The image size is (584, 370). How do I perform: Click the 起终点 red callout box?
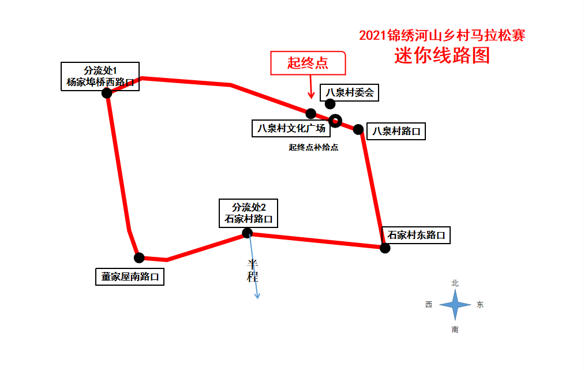(308, 63)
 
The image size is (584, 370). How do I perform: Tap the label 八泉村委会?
(350, 92)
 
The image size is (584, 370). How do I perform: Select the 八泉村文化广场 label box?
(291, 128)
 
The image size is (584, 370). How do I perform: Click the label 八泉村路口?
(396, 131)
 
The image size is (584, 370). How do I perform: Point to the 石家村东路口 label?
(416, 235)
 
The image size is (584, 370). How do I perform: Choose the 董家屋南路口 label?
(130, 276)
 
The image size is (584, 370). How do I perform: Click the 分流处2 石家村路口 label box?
(248, 213)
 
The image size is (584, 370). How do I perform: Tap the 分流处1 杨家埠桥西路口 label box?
(100, 76)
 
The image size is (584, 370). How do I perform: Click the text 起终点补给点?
(313, 147)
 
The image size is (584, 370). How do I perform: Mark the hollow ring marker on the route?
(335, 121)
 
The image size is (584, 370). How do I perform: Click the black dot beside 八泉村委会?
(330, 104)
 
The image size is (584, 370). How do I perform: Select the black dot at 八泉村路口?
(358, 129)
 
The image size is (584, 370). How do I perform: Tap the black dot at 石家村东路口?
(385, 248)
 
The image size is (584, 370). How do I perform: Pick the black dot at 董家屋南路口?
(138, 257)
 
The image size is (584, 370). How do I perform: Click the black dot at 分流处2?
(247, 233)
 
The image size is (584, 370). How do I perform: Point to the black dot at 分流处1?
(107, 93)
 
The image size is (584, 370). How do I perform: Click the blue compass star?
(455, 305)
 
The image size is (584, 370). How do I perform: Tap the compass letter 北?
(455, 283)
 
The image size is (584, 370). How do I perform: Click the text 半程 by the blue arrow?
(252, 271)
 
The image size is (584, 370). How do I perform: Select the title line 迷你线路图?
(442, 55)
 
